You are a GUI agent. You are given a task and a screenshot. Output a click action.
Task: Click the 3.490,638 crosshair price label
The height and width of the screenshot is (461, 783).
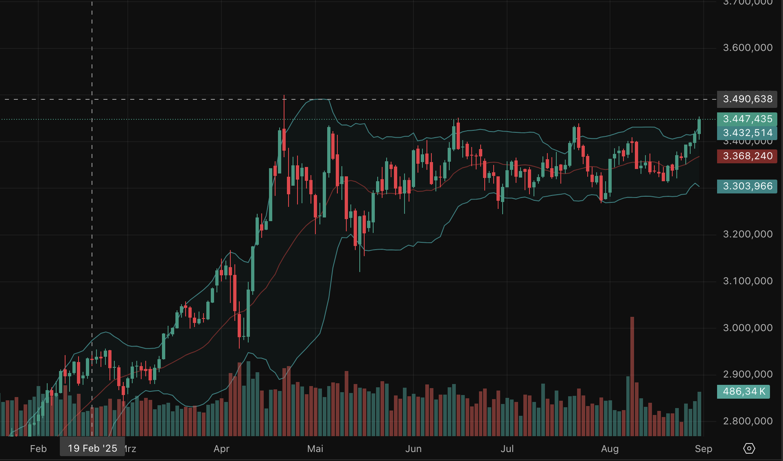[x=747, y=99]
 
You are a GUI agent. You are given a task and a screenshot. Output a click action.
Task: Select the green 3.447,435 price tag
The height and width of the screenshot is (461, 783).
[x=747, y=119]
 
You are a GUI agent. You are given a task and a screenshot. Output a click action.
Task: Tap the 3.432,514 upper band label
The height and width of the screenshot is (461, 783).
[x=747, y=133]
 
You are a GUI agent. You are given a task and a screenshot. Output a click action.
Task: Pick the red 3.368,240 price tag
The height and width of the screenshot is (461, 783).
[x=747, y=156]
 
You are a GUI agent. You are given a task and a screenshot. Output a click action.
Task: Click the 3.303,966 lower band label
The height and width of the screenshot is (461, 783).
[x=747, y=186]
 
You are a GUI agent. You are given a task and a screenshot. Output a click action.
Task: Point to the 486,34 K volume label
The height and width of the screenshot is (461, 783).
[x=744, y=391]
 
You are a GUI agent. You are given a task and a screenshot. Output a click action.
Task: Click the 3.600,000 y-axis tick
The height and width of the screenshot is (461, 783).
[x=748, y=48]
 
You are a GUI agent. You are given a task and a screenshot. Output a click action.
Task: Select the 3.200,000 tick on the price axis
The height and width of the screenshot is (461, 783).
[x=748, y=234]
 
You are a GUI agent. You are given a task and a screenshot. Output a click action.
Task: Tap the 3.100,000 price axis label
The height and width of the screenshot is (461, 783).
[x=748, y=281]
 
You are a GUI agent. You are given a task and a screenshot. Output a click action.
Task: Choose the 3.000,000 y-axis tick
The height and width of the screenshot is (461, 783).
[x=748, y=328]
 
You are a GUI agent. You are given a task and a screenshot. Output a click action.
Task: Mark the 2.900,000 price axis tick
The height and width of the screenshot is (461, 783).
[x=748, y=374]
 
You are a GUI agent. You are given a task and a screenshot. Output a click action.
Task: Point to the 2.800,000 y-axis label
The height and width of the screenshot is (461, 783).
[x=748, y=421]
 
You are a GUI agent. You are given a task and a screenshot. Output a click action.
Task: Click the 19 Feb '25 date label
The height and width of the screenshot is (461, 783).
[x=92, y=448]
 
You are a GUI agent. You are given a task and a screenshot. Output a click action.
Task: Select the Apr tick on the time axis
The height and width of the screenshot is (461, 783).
[x=221, y=449]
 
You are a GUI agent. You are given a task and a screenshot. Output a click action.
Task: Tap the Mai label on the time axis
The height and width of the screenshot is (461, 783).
[x=315, y=449]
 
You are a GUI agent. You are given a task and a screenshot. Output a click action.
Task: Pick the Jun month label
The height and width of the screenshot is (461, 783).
[x=413, y=449]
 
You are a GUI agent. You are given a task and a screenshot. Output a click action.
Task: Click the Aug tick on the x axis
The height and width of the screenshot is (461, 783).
[x=610, y=449]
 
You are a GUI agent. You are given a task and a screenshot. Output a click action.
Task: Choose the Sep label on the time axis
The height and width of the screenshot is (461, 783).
[x=703, y=449]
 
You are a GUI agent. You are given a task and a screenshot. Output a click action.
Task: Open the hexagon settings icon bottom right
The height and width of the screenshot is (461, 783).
[x=749, y=448]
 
